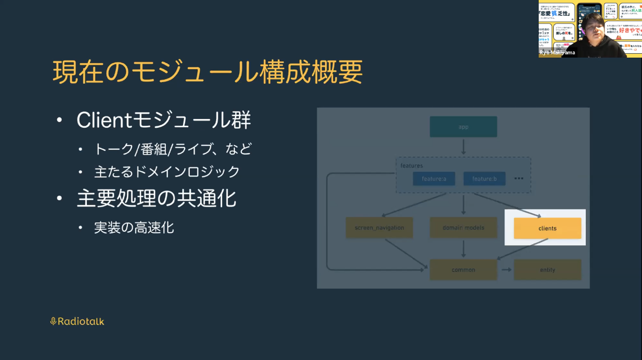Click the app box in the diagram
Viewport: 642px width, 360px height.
pos(463,127)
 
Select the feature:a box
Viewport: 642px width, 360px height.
pos(434,179)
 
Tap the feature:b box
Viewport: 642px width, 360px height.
pos(484,179)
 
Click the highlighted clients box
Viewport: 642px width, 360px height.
pos(547,228)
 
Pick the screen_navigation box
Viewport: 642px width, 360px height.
pos(379,228)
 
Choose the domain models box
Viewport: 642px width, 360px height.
pos(463,228)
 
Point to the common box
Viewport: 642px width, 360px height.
pos(463,270)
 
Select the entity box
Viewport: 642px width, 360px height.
pos(547,270)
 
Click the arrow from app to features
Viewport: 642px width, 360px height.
pos(463,147)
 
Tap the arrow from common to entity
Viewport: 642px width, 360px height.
pos(506,270)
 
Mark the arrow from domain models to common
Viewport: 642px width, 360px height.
pos(463,249)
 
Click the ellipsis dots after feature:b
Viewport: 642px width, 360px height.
pos(519,179)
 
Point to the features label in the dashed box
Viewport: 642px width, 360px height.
pos(412,166)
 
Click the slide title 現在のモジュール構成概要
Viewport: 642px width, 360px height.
pos(208,72)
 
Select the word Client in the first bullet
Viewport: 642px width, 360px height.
pos(104,120)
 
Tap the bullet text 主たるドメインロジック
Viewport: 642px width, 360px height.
pos(167,172)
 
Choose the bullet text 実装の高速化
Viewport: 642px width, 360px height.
pos(134,227)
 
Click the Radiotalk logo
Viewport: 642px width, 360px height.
pos(77,322)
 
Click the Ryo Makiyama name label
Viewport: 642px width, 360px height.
pos(557,52)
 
